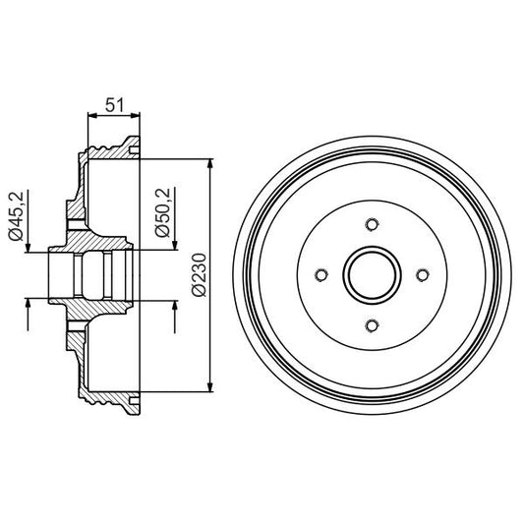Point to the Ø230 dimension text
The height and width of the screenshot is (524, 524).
pyautogui.click(x=197, y=274)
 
